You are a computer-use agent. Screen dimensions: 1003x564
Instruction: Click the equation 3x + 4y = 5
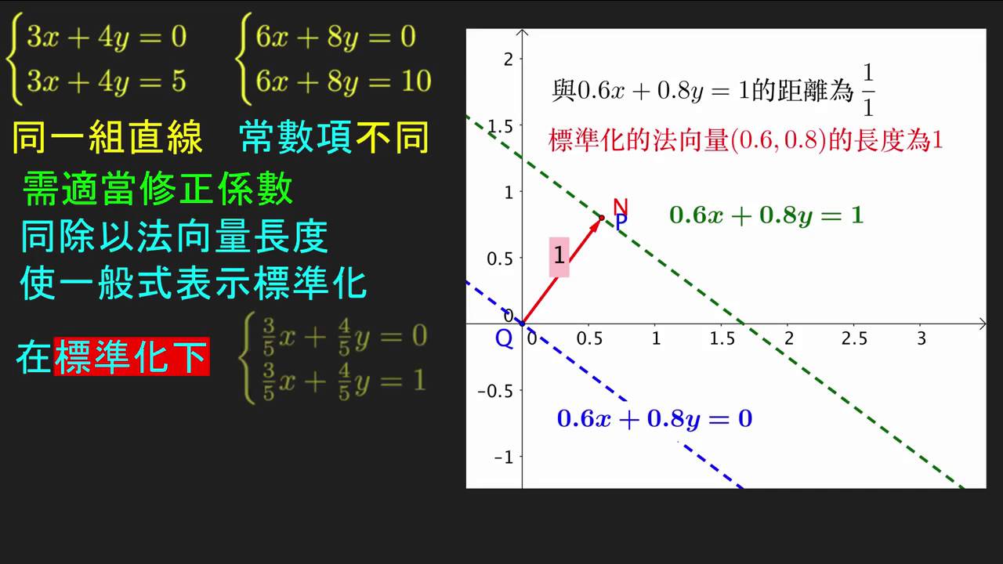tap(107, 82)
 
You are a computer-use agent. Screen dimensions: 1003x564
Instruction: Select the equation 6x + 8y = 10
tap(343, 82)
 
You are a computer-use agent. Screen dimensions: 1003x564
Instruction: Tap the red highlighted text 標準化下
tap(132, 356)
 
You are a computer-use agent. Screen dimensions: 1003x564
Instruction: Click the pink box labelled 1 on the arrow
tap(559, 256)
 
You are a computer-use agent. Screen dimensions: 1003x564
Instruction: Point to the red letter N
tap(621, 208)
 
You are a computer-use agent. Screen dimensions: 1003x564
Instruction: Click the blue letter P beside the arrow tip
tap(621, 222)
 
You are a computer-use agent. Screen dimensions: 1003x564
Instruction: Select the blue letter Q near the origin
tap(504, 338)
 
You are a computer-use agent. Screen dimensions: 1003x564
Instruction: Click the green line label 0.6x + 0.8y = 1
tap(766, 215)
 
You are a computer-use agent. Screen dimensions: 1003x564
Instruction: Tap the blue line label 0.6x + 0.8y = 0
tap(654, 419)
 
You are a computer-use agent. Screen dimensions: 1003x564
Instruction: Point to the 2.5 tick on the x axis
tap(854, 338)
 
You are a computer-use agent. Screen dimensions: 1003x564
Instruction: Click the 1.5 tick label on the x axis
tap(722, 338)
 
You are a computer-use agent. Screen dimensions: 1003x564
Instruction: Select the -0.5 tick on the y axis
tap(495, 391)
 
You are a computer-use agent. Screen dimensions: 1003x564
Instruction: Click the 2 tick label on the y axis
tap(509, 59)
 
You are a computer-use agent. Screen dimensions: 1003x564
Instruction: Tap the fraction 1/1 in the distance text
tap(868, 90)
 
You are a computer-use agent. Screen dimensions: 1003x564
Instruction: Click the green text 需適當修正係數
tap(158, 189)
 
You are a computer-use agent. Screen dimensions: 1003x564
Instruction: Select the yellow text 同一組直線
tap(107, 137)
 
